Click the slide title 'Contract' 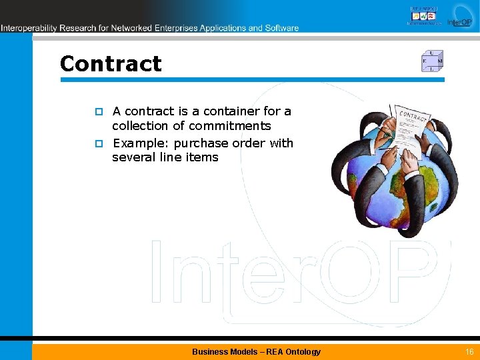(111, 64)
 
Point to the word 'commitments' (230, 126)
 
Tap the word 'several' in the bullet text (133, 157)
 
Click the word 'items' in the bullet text (201, 157)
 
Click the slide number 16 (469, 351)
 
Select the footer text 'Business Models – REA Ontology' (256, 351)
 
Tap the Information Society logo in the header (424, 15)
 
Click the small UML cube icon (432, 61)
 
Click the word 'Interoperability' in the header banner (29, 28)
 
